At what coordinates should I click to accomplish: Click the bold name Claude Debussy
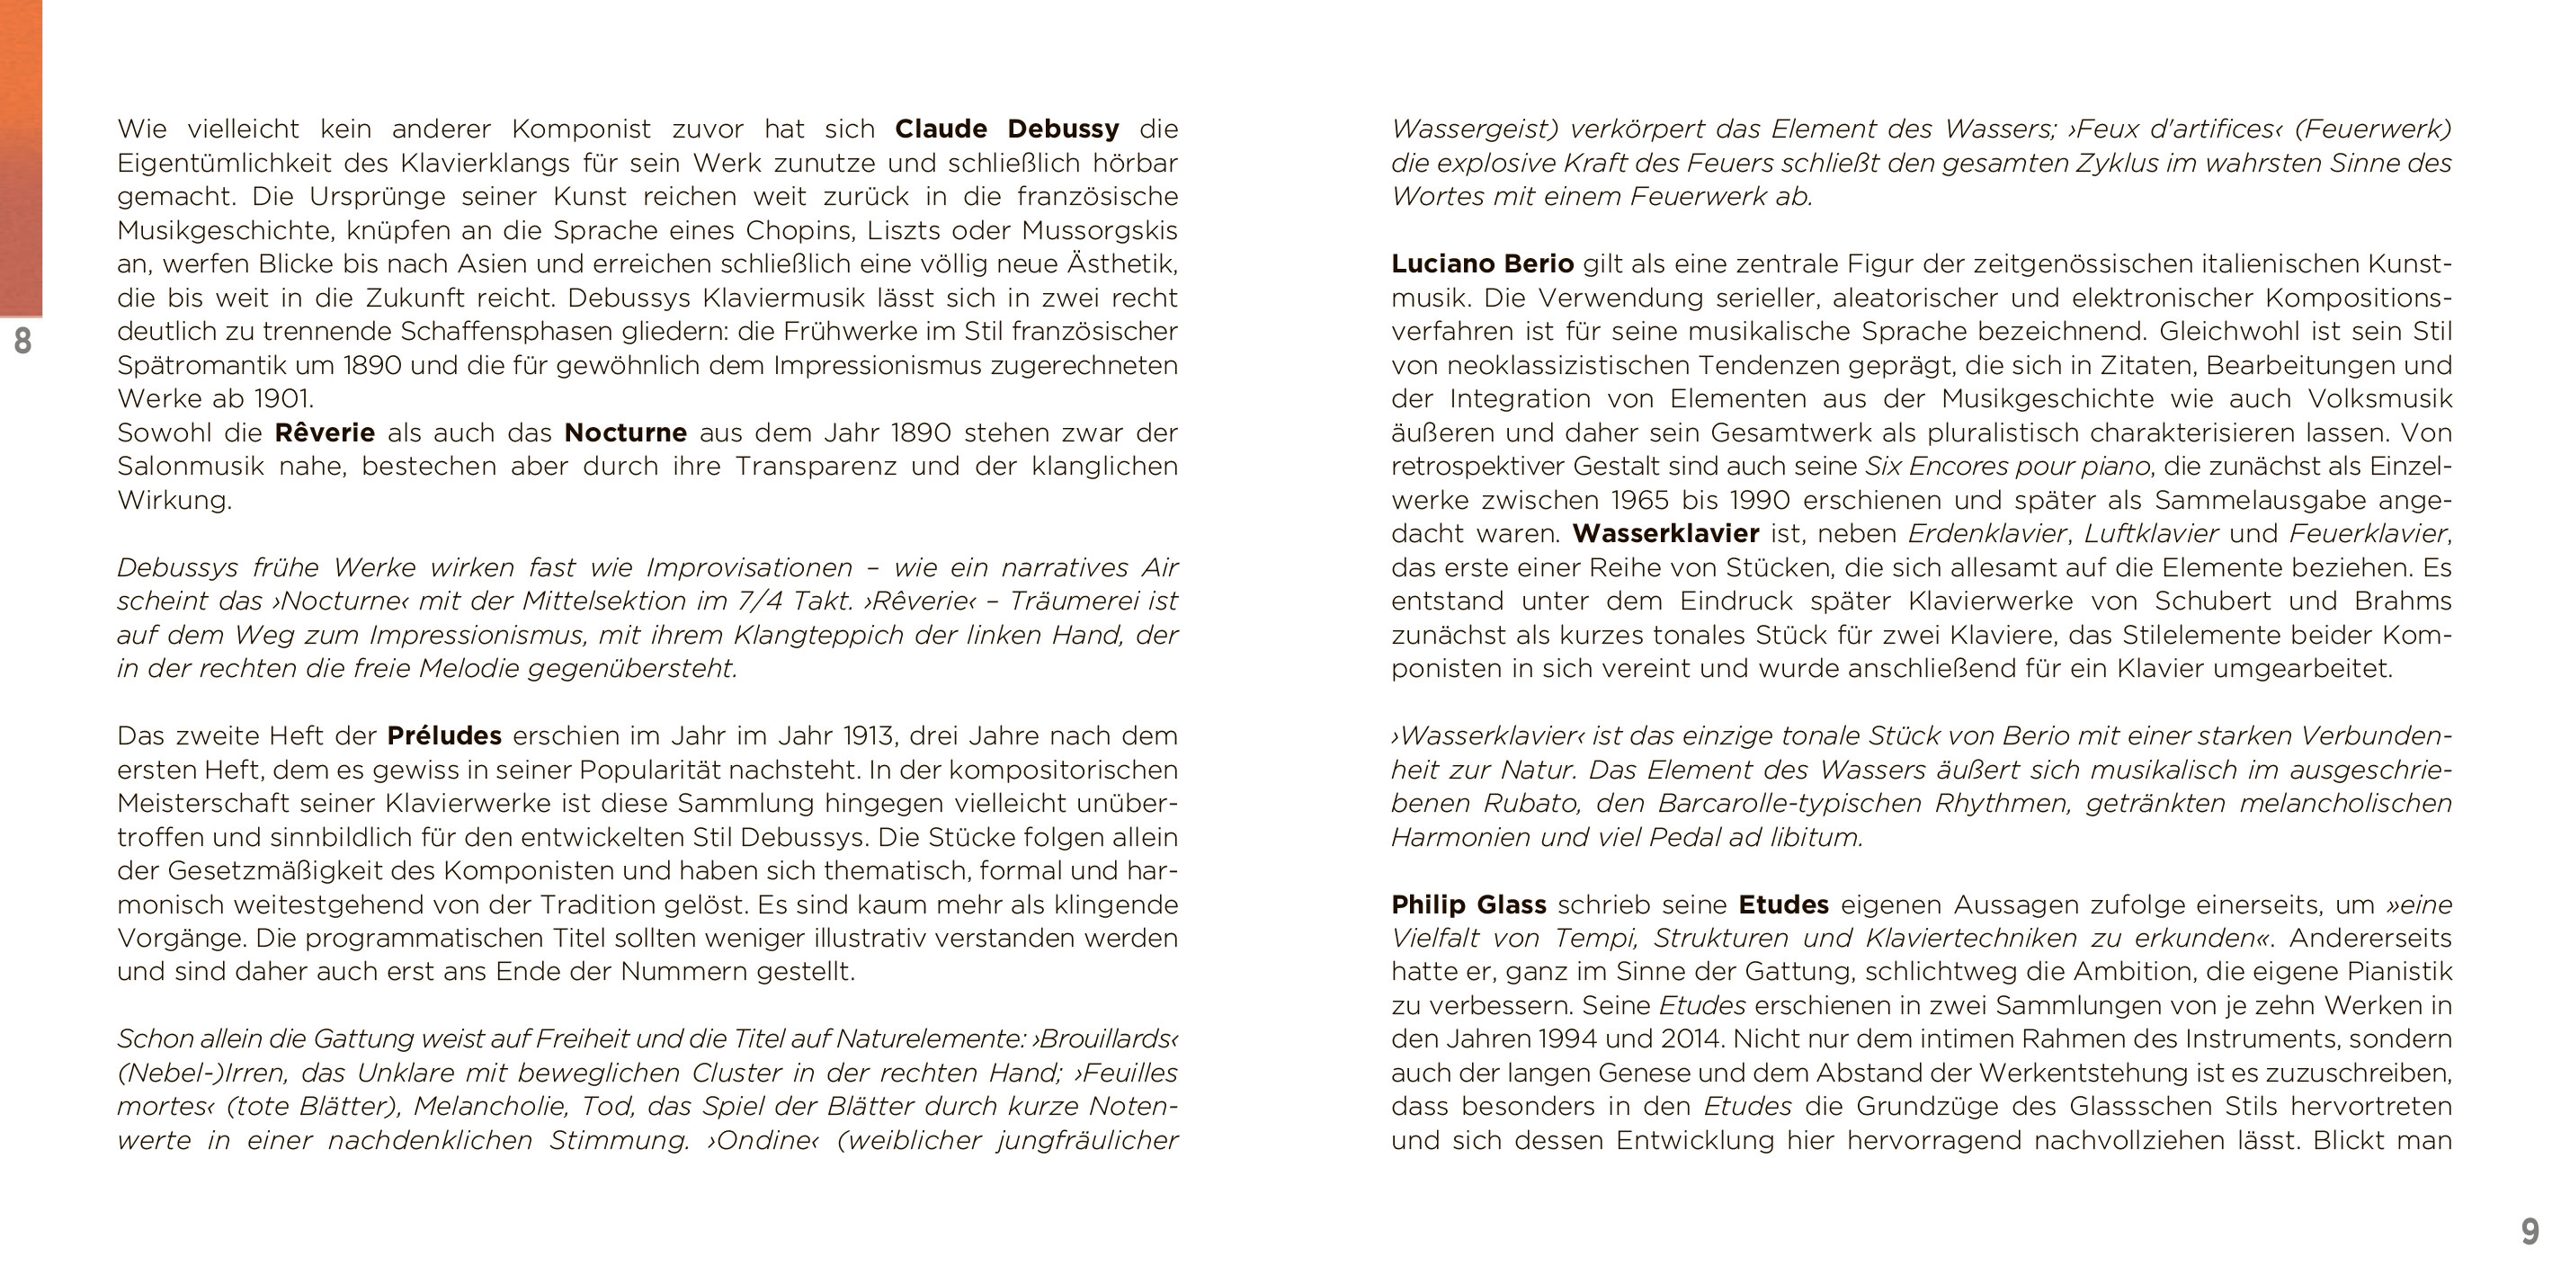coord(1006,129)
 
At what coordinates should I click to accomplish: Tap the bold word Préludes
coord(444,736)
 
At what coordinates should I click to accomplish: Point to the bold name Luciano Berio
coord(1482,264)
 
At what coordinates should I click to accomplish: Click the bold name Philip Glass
coord(1468,904)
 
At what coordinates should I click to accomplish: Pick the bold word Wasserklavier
coord(1665,534)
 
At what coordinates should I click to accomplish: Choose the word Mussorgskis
coord(1100,230)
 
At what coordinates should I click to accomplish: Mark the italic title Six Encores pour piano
coord(2007,467)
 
